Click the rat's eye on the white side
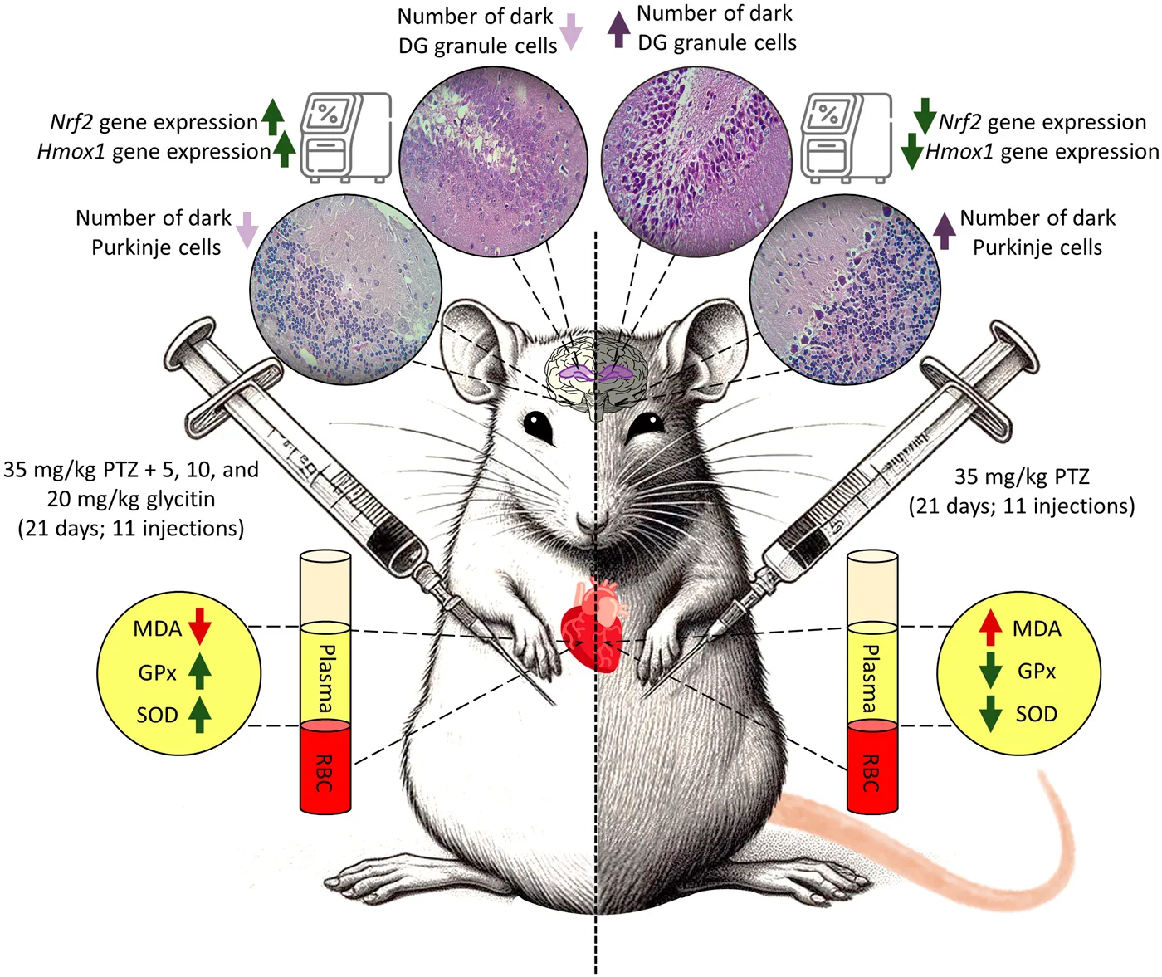point(538,427)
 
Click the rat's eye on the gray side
point(645,427)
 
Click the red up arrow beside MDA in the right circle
point(990,628)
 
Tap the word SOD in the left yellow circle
point(157,715)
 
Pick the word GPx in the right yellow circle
point(1036,671)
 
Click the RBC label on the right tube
point(871,773)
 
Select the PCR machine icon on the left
point(345,137)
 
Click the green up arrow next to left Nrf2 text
point(273,117)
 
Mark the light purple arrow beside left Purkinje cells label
point(247,230)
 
